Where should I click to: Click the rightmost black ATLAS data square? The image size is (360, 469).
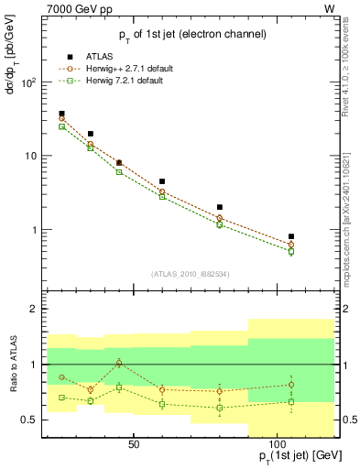[291, 236]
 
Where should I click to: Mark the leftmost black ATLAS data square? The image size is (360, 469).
[61, 114]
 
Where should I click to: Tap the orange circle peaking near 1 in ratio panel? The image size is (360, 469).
[119, 363]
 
